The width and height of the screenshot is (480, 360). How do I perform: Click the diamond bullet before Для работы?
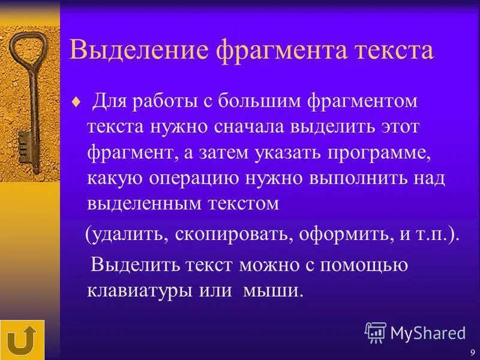tap(75, 102)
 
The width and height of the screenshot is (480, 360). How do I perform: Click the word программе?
tap(378, 152)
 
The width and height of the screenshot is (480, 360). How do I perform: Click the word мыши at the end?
tap(272, 290)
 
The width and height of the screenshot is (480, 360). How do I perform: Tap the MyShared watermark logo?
tap(415, 332)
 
